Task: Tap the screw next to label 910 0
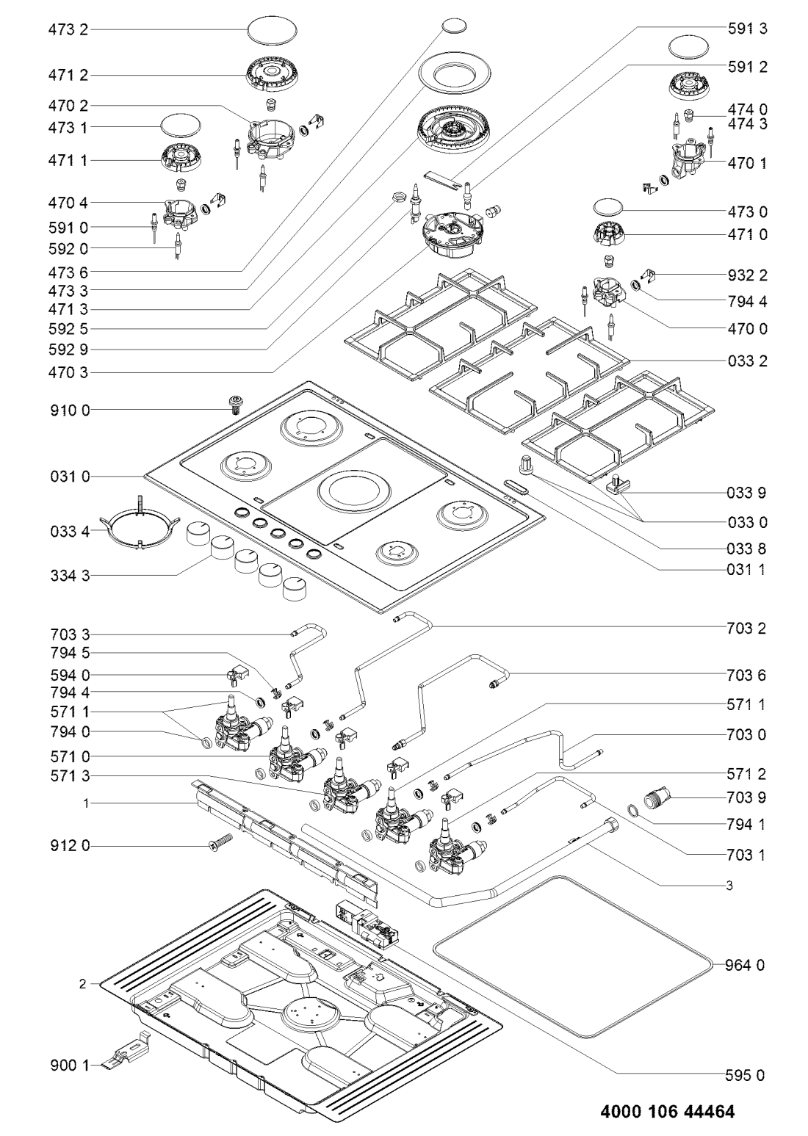[236, 403]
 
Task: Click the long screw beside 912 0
[218, 842]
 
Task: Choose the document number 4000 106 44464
[666, 1111]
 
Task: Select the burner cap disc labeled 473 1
[180, 126]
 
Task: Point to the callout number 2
[83, 983]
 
